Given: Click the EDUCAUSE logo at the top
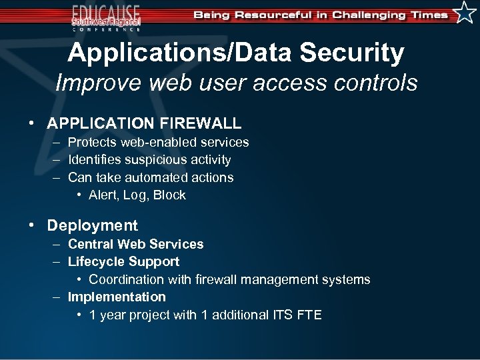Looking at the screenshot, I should tap(107, 17).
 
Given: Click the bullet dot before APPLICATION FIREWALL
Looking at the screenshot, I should tap(31, 123).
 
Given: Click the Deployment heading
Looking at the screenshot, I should tap(92, 226).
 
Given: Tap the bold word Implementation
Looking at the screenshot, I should tap(117, 297).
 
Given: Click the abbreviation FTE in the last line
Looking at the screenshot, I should tap(309, 315).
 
